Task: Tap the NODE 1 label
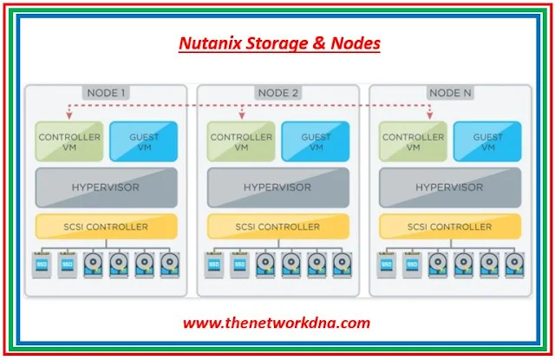[x=107, y=93]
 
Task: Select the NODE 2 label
[x=278, y=93]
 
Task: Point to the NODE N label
[x=450, y=93]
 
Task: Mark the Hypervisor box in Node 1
[x=107, y=187]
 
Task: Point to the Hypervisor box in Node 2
[x=278, y=187]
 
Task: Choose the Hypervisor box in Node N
[x=450, y=187]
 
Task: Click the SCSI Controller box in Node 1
[x=107, y=227]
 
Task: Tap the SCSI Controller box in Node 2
[x=278, y=227]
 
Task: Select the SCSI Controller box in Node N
[x=450, y=227]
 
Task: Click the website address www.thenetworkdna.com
[x=277, y=324]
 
